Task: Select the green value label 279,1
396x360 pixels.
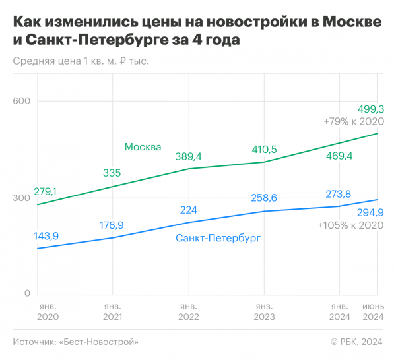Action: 45,191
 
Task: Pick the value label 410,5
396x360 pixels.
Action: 264,149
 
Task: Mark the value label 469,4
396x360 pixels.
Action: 340,156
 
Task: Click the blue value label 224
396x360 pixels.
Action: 189,210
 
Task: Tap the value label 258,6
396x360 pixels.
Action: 264,198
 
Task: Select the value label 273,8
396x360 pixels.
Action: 340,194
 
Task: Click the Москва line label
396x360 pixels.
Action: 143,147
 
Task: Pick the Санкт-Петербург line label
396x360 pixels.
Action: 218,238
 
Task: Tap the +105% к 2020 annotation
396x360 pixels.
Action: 350,225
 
